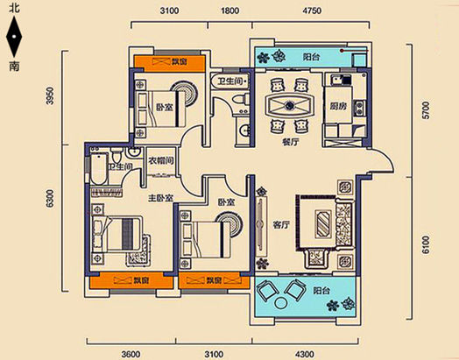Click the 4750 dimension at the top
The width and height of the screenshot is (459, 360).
312,11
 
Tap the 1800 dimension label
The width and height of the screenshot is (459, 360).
229,11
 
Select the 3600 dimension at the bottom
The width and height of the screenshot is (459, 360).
131,354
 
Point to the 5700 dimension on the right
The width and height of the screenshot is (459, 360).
427,110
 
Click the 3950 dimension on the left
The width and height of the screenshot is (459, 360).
51,95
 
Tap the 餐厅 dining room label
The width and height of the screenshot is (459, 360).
291,142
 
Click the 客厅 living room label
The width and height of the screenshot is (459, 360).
281,225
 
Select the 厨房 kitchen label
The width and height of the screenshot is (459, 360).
338,106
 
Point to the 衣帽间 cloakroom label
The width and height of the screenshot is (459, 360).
161,160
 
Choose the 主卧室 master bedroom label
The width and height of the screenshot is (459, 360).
160,199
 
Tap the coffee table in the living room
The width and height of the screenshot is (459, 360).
323,223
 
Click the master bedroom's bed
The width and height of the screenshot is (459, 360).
117,235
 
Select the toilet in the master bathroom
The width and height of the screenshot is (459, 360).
117,154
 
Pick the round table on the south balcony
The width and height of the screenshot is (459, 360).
281,303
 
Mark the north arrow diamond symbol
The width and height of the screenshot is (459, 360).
14,37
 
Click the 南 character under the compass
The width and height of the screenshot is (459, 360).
14,67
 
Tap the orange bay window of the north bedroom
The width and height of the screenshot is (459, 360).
169,62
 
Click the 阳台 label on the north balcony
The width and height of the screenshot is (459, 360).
311,57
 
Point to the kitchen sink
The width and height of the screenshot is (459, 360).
336,80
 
